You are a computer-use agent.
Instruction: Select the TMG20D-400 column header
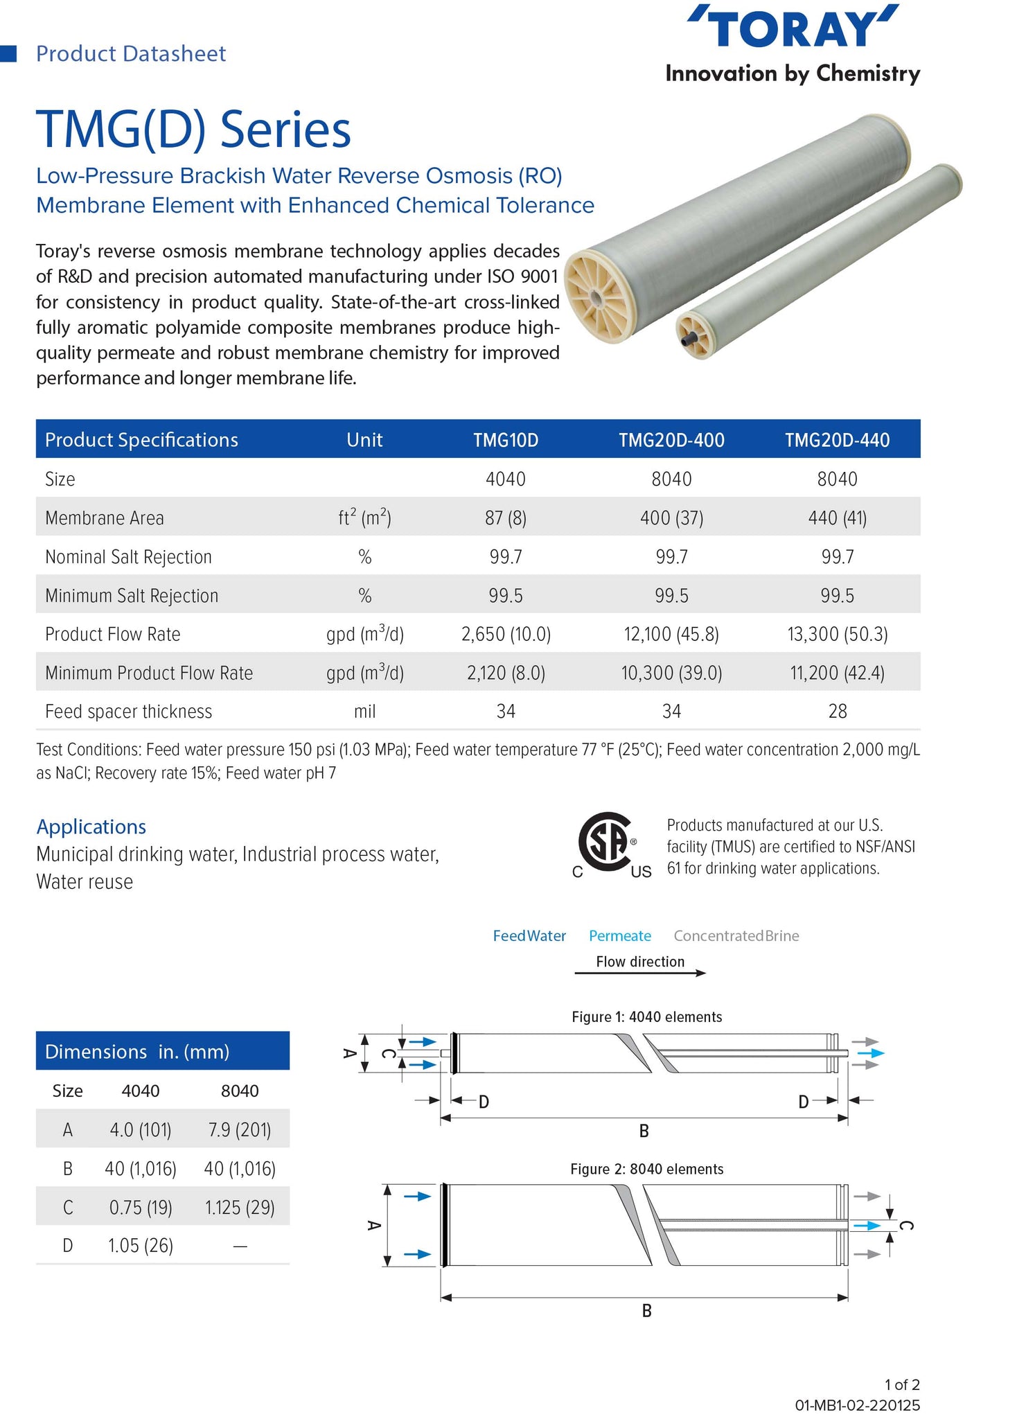coord(671,440)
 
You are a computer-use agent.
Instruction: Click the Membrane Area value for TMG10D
coord(505,518)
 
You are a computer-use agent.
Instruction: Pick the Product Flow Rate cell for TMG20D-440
coord(837,634)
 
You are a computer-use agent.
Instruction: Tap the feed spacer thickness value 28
coord(837,712)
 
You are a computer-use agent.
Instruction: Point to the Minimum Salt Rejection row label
coord(132,596)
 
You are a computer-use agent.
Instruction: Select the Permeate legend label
coord(619,936)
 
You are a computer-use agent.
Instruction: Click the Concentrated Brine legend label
coord(736,936)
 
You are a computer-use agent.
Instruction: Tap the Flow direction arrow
coord(640,973)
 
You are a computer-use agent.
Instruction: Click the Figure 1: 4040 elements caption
coord(646,1016)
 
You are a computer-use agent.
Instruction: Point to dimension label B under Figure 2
coord(646,1310)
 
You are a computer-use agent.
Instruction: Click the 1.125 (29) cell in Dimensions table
coord(240,1208)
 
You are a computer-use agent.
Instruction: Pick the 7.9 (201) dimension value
coord(240,1130)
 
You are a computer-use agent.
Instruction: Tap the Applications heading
coord(91,827)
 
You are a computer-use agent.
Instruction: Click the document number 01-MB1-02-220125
coord(857,1405)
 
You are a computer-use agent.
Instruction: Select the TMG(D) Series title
coord(193,129)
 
